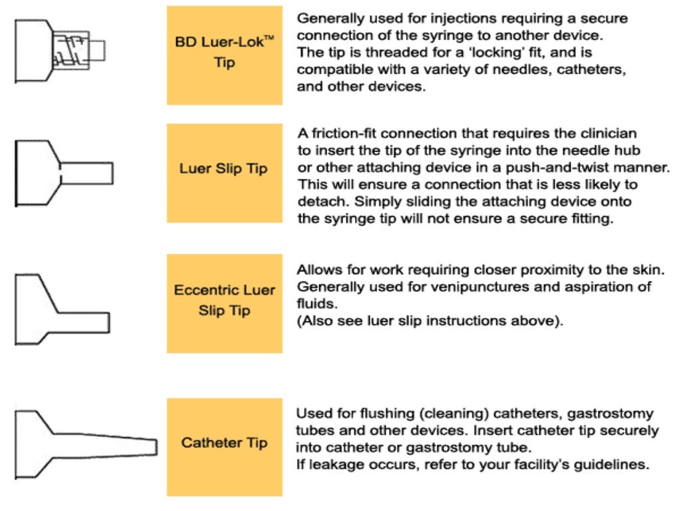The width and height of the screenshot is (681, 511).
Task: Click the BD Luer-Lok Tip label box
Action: (x=224, y=55)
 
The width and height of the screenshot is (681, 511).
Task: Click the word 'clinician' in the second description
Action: (x=601, y=133)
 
